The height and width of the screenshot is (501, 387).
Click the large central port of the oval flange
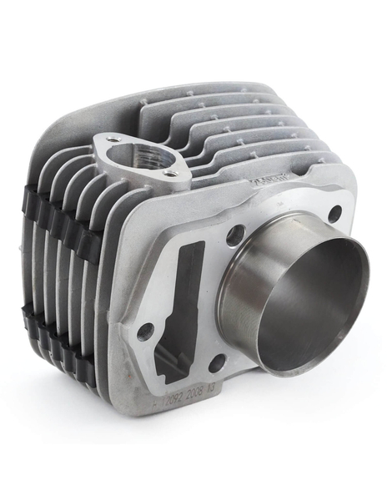147,157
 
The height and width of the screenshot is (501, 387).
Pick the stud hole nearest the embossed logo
334,214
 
